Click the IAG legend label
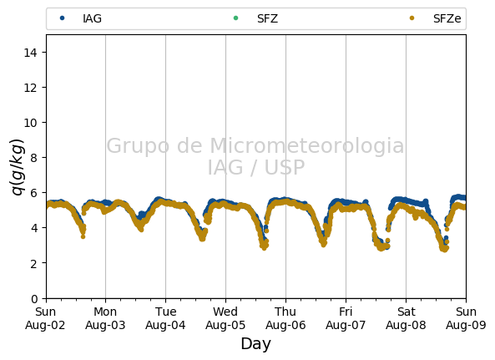[92, 18]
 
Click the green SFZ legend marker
[235, 18]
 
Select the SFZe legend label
[447, 18]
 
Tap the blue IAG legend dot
[63, 18]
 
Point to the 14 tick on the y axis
[31, 53]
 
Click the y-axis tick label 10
[31, 123]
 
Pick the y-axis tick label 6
[34, 193]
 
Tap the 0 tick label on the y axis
[34, 298]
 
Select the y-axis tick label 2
[34, 263]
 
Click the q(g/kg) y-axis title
[18, 167]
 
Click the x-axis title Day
[256, 343]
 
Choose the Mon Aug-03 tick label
[105, 318]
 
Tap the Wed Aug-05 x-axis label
[225, 318]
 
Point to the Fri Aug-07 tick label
[346, 318]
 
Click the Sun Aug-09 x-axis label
[466, 318]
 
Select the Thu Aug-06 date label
[285, 318]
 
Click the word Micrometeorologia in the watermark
[307, 146]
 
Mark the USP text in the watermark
[285, 167]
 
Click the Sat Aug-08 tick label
[406, 318]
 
